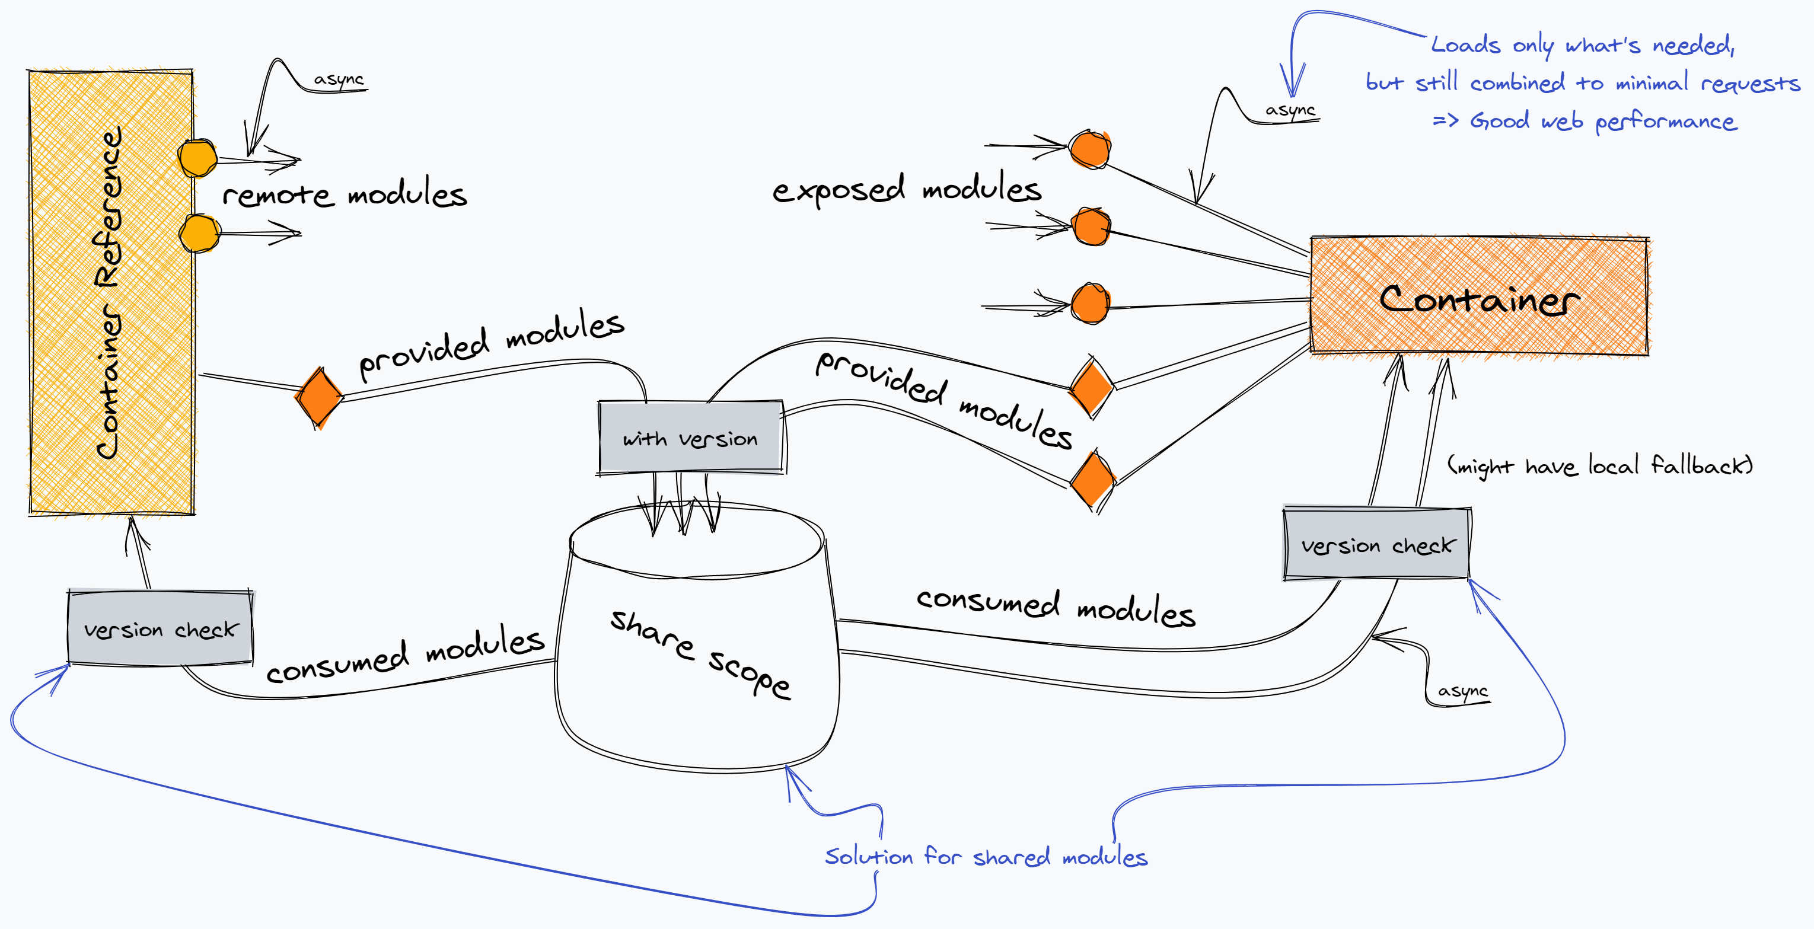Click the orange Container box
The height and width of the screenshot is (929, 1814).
pos(1479,296)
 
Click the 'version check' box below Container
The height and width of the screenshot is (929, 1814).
pos(1377,544)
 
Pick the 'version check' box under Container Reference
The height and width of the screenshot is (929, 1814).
pos(161,628)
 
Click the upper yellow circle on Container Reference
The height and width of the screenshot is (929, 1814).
pos(197,158)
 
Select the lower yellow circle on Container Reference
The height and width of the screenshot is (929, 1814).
pos(199,233)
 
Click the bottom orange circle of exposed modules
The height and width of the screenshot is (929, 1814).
pos(1090,304)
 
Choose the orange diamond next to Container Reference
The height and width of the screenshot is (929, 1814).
pos(319,396)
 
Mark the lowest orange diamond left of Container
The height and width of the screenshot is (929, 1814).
pos(1092,481)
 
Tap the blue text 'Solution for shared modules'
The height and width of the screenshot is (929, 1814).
pos(986,857)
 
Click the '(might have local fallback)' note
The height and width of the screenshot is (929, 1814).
pos(1599,465)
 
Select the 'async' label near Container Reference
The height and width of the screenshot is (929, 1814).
pos(339,79)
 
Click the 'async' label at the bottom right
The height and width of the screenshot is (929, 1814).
pos(1462,691)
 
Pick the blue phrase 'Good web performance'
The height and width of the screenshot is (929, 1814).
pos(1603,121)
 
